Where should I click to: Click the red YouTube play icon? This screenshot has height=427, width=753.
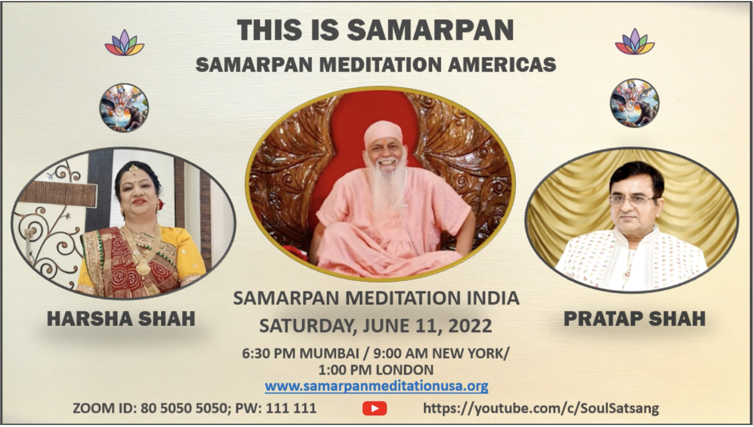pyautogui.click(x=374, y=408)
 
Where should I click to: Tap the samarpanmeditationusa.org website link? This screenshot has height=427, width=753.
pyautogui.click(x=376, y=386)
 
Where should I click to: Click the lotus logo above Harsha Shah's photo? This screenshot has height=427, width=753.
pyautogui.click(x=124, y=42)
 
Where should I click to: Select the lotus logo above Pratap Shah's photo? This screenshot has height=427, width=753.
pyautogui.click(x=634, y=41)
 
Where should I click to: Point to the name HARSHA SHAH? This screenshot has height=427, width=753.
pyautogui.click(x=121, y=318)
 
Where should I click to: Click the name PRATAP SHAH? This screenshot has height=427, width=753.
pyautogui.click(x=634, y=318)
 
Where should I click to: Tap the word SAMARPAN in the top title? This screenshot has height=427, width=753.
pyautogui.click(x=430, y=30)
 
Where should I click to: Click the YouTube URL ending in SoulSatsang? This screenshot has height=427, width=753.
pyautogui.click(x=541, y=408)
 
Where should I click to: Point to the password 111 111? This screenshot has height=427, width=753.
pyautogui.click(x=291, y=408)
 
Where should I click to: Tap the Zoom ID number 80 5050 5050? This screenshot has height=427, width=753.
pyautogui.click(x=183, y=408)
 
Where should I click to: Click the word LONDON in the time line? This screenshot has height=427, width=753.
pyautogui.click(x=404, y=370)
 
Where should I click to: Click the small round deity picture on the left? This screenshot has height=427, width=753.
pyautogui.click(x=123, y=107)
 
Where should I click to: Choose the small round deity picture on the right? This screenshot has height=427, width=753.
pyautogui.click(x=634, y=103)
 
